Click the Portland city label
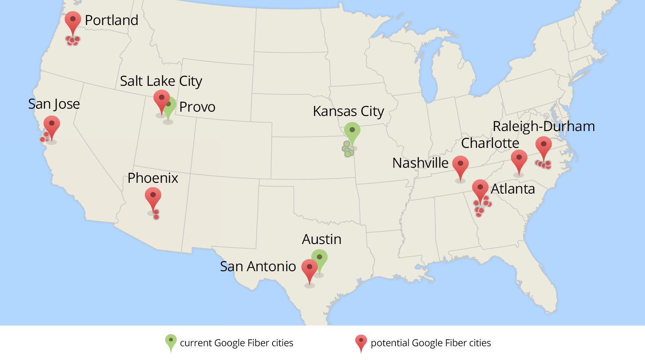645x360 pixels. click(111, 20)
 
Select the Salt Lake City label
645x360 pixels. click(161, 81)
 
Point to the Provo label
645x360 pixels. click(197, 107)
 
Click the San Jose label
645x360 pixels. click(54, 104)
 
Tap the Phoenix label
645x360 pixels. click(153, 178)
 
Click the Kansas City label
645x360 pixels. click(348, 111)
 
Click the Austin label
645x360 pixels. click(322, 239)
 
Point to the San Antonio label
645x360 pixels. click(258, 266)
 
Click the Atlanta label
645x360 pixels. click(513, 189)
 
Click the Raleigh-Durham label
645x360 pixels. click(544, 126)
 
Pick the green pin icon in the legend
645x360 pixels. click(171, 342)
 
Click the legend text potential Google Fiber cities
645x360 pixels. click(431, 343)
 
